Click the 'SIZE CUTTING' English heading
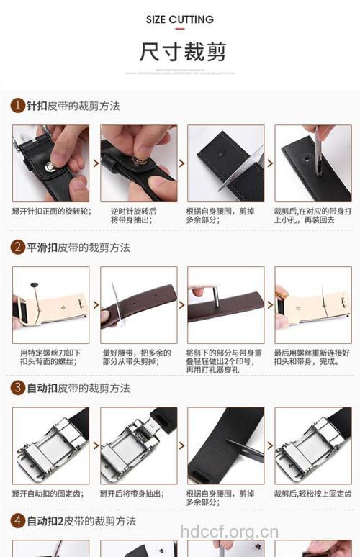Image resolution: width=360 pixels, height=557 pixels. pos(179,19)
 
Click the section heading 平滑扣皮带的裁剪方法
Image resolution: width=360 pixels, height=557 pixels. pos(78,247)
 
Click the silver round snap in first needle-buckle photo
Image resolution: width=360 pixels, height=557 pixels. pos(50,168)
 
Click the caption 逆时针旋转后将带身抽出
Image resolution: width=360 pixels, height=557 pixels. pos(133,216)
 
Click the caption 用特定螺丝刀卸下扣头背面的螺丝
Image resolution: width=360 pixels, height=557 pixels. pos(50,357)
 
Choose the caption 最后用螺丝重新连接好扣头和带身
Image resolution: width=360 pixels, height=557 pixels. pos(310,357)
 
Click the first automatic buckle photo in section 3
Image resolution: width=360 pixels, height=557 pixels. pos(50,445)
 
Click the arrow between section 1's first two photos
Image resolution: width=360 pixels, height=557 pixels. pos(96,163)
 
